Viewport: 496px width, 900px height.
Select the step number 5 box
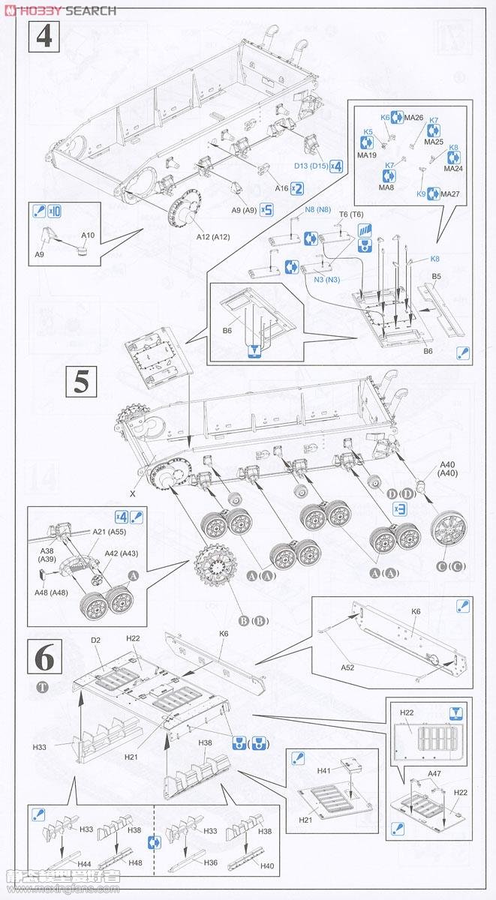pos(81,382)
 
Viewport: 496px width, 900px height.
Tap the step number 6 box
pos(44,658)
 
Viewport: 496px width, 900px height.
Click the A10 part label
pos(87,235)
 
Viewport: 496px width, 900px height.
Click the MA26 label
pos(414,118)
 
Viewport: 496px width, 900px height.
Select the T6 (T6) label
pos(350,214)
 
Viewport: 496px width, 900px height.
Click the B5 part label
pos(437,277)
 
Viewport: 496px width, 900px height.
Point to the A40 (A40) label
pos(449,468)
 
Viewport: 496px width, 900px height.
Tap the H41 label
pos(323,770)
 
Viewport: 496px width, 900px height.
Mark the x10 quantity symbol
pos(53,211)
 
